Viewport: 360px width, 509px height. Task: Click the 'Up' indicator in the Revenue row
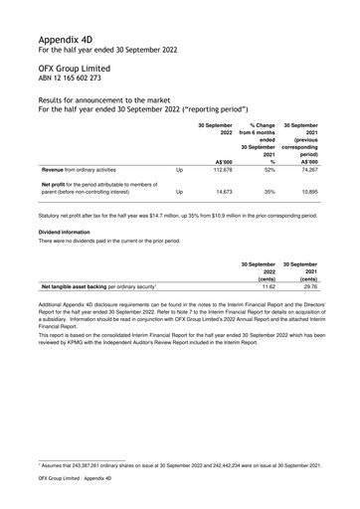[179, 170]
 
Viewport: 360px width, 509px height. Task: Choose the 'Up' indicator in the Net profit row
[179, 192]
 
